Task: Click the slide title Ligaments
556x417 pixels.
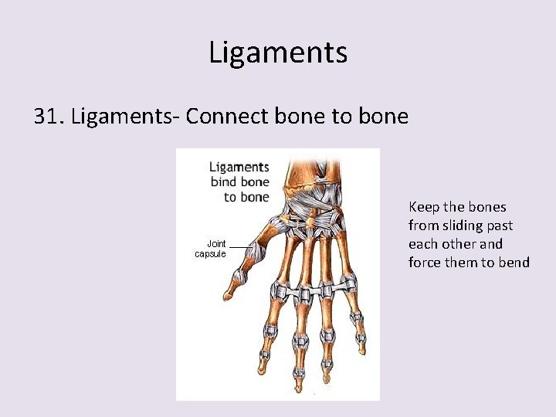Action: [x=278, y=53]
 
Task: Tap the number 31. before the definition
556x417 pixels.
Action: [x=50, y=116]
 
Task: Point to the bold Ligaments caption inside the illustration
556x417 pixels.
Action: [x=239, y=167]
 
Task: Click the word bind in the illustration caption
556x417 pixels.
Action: [x=225, y=182]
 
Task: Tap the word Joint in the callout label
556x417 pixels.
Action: [x=215, y=244]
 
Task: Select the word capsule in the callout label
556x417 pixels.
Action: [x=210, y=254]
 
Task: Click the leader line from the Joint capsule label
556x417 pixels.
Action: [x=242, y=247]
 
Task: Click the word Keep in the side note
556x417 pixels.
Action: [x=424, y=207]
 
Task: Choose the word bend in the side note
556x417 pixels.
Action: [x=514, y=263]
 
